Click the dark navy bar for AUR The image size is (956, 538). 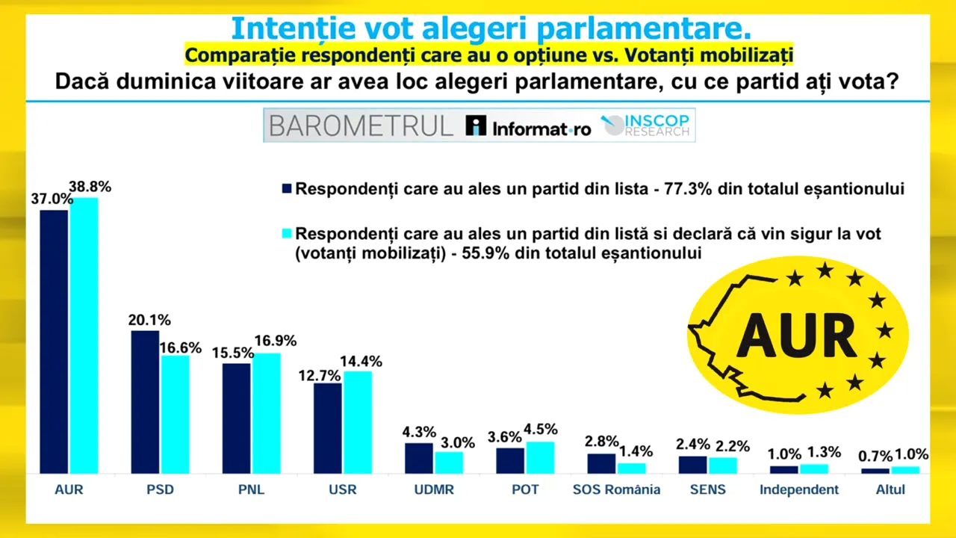click(54, 341)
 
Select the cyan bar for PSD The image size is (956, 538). click(175, 414)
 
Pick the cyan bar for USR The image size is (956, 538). click(357, 422)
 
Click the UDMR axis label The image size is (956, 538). click(434, 490)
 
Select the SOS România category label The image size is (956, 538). click(616, 490)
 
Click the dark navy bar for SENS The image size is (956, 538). click(692, 465)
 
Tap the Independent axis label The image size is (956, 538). click(799, 490)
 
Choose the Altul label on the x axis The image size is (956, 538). click(890, 490)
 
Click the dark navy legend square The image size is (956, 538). click(286, 189)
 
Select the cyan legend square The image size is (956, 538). click(286, 234)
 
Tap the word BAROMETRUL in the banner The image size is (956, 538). click(361, 126)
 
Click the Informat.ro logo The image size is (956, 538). click(527, 126)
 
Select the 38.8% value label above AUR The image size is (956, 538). click(90, 187)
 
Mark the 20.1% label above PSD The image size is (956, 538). click(149, 320)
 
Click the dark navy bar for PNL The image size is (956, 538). click(236, 418)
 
